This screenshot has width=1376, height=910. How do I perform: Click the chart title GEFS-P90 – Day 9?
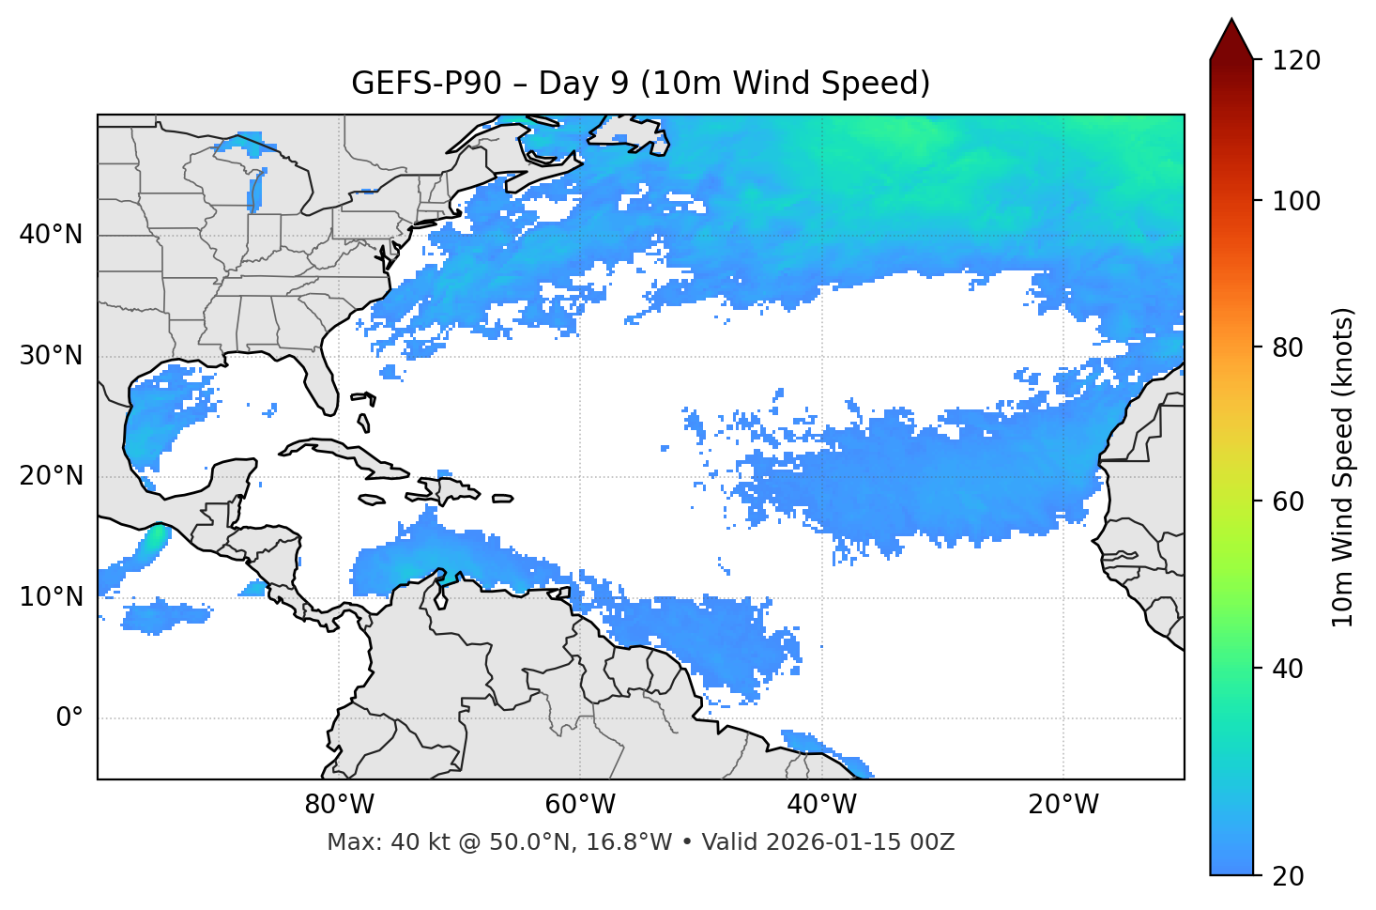click(x=640, y=84)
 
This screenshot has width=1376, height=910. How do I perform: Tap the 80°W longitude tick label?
click(x=339, y=805)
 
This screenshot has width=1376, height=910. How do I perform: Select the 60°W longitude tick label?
click(x=580, y=805)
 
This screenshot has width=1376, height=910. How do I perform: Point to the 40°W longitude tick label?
click(x=821, y=805)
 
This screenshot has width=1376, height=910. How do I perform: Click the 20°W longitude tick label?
click(x=1063, y=805)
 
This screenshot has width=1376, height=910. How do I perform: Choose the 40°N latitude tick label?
click(x=51, y=235)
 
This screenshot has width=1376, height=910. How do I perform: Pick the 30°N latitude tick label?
click(x=51, y=356)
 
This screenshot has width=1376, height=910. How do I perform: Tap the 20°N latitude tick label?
click(x=51, y=476)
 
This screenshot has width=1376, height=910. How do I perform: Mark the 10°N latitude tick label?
click(x=51, y=597)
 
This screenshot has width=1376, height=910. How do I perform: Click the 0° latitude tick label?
click(x=69, y=718)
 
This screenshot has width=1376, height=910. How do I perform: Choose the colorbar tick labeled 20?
click(x=1288, y=875)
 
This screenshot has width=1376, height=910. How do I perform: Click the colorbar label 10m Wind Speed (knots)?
click(x=1343, y=468)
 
